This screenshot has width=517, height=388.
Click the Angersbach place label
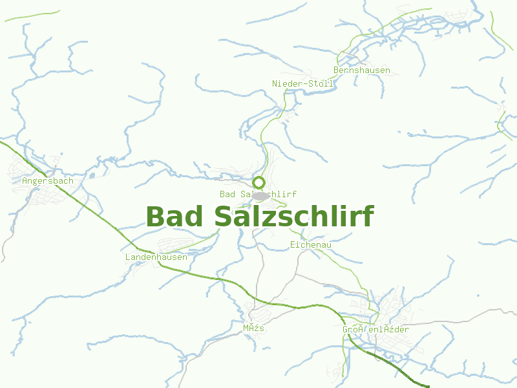point(47,181)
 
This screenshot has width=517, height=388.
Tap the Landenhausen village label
point(156,257)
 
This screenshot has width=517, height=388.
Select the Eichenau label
point(311,245)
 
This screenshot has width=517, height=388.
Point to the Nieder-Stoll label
point(302,84)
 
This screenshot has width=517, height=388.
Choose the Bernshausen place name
point(362,70)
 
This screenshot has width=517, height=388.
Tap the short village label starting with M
point(254,329)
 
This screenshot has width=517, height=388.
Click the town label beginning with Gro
point(375,330)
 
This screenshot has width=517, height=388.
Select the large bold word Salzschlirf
point(294,217)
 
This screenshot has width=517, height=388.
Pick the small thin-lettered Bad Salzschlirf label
point(257,194)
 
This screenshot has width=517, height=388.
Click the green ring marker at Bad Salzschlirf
point(259,182)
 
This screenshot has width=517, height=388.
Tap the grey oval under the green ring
point(260,195)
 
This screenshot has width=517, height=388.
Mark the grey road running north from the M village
point(260,272)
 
